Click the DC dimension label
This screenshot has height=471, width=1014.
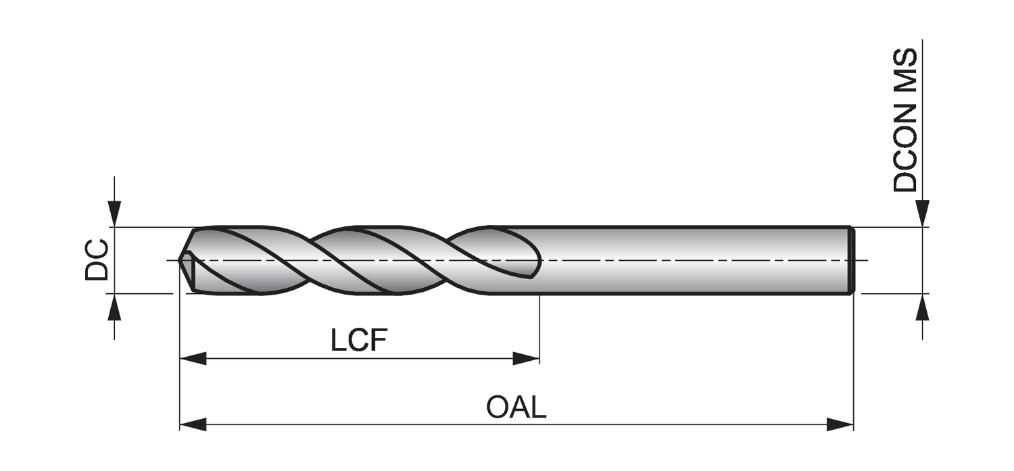tap(96, 259)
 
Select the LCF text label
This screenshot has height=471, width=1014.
tap(359, 341)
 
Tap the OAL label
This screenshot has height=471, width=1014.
tap(516, 407)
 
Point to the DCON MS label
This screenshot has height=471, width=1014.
tap(905, 120)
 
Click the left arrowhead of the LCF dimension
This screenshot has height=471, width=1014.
tap(192, 358)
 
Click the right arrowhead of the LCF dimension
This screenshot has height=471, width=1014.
tap(527, 358)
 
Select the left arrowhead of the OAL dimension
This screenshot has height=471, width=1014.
tap(192, 424)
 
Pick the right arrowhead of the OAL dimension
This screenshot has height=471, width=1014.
tap(841, 424)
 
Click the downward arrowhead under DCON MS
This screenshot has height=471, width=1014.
tap(922, 214)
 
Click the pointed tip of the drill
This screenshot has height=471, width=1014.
tap(180, 259)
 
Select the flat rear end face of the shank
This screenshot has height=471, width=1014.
tap(852, 260)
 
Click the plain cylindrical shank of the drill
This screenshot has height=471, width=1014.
tap(690, 260)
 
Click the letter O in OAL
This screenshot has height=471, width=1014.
tap(497, 407)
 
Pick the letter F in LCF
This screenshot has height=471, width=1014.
tap(378, 341)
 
